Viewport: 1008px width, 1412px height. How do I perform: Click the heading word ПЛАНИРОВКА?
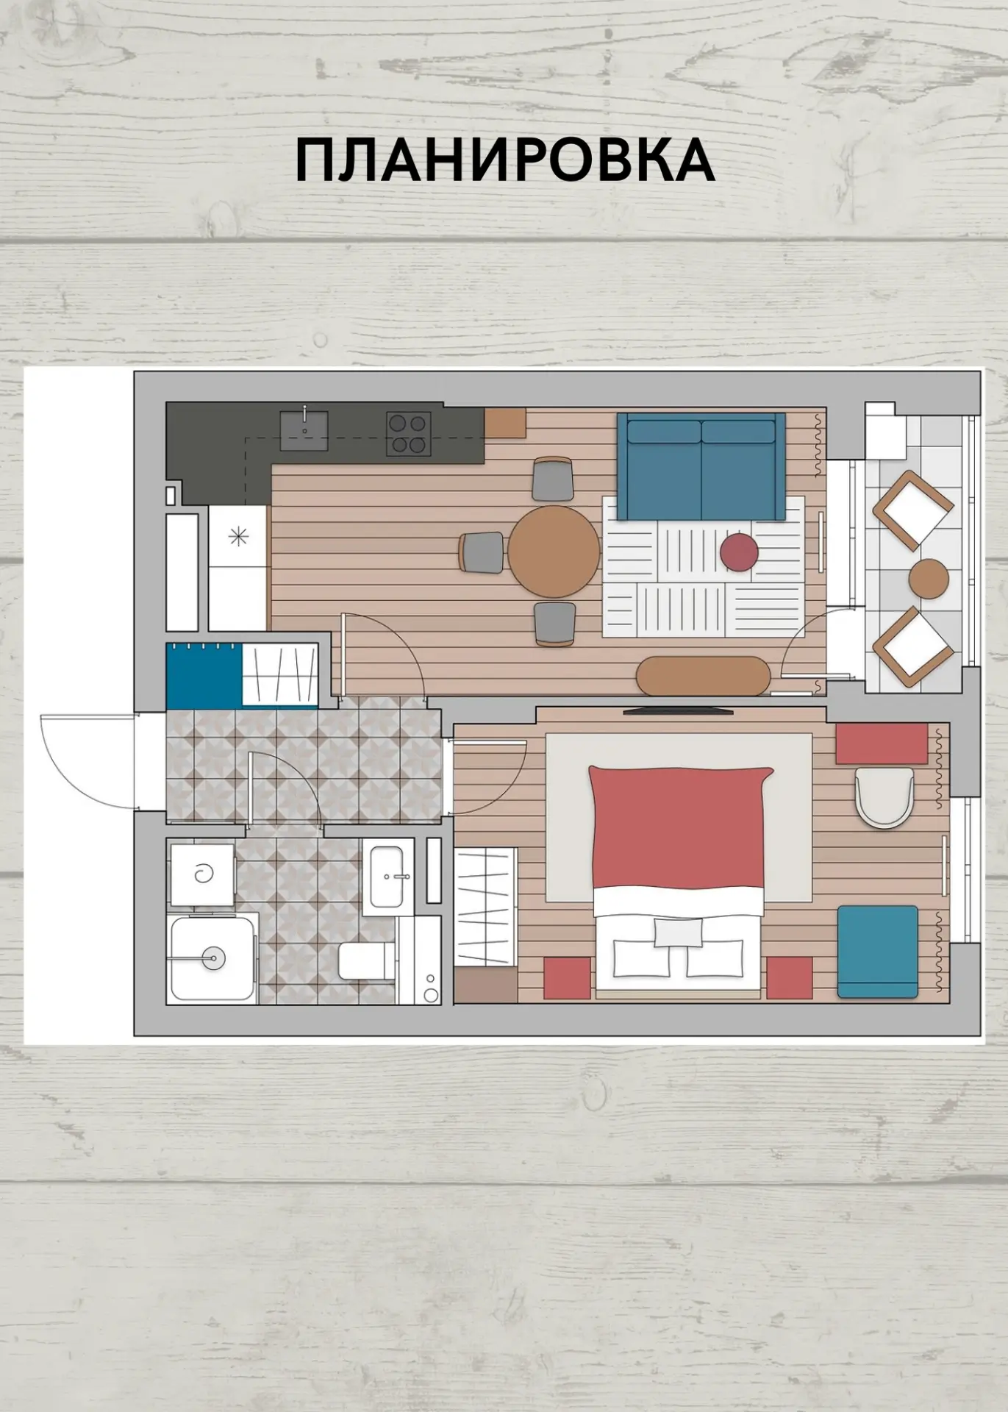coord(504,160)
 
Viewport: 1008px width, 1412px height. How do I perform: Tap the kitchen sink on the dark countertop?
coord(304,430)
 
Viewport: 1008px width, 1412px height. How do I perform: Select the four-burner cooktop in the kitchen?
coord(409,434)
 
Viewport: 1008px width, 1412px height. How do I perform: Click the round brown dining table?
coord(554,551)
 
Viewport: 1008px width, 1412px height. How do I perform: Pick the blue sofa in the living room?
coord(701,466)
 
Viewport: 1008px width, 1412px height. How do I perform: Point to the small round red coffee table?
coord(739,552)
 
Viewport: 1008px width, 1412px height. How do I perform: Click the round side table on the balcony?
coord(929,579)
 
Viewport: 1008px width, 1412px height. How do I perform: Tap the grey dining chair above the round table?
coord(553,478)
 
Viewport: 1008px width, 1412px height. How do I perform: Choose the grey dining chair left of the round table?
coord(482,552)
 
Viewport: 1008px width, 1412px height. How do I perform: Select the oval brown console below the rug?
coord(704,675)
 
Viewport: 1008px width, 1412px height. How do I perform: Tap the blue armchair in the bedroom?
coord(878,952)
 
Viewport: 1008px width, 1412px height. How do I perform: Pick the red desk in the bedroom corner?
coord(882,744)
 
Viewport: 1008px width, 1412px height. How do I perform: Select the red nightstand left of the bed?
coord(567,977)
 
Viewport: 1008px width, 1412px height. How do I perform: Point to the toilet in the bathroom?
coord(367,960)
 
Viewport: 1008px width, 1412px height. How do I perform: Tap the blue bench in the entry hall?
coord(204,675)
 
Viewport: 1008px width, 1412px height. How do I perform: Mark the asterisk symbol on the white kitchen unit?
coord(238,537)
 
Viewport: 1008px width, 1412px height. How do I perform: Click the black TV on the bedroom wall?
coord(678,710)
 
